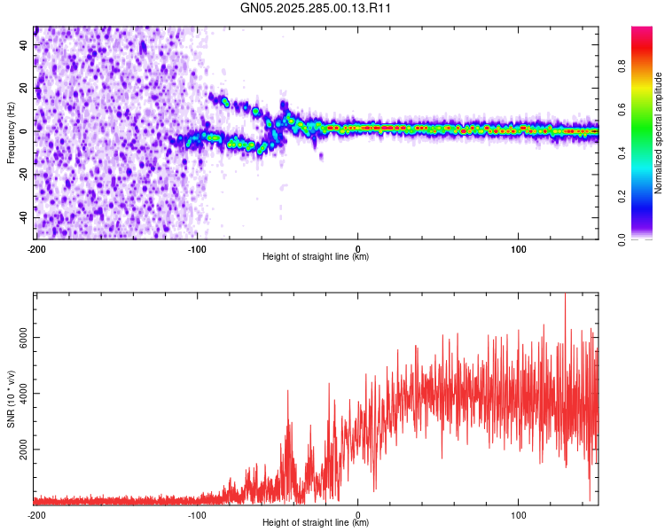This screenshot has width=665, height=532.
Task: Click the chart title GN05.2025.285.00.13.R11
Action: coord(317,8)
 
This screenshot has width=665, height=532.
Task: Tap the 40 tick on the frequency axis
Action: coord(25,44)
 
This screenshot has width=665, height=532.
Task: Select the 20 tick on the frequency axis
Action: coord(25,88)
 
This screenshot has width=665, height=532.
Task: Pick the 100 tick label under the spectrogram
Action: coord(519,248)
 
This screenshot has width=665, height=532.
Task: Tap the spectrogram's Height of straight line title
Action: coord(316,257)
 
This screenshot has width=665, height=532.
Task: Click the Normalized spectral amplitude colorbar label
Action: coord(659,133)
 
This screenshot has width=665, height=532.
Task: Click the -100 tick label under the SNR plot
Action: coord(197,514)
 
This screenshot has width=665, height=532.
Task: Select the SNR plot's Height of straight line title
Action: coord(316,523)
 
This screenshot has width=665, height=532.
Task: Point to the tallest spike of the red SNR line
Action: coord(565,296)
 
